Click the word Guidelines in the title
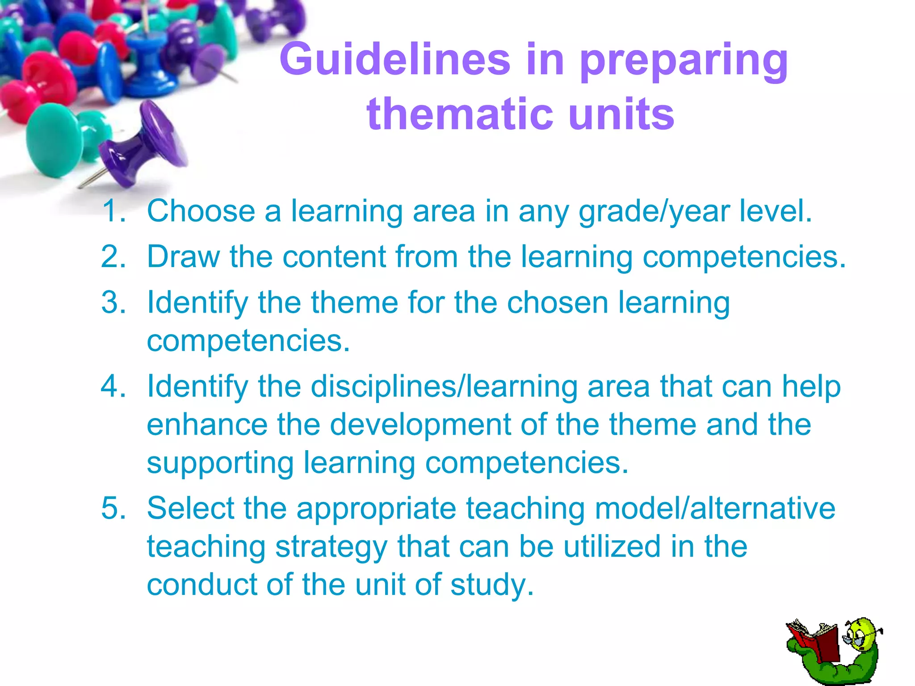coord(395,59)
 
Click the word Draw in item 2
coord(183,257)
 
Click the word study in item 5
coord(491,585)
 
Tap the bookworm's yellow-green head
coord(862,634)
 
